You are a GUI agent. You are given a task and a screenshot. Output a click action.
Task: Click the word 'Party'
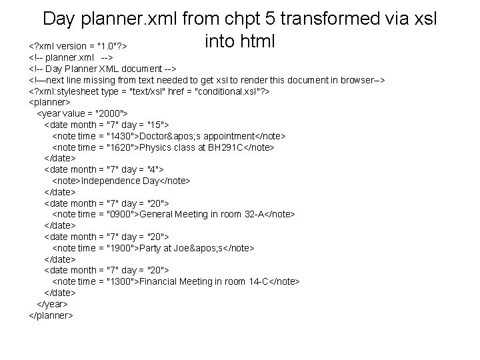150,248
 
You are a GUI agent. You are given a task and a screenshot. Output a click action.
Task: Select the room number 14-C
253,281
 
